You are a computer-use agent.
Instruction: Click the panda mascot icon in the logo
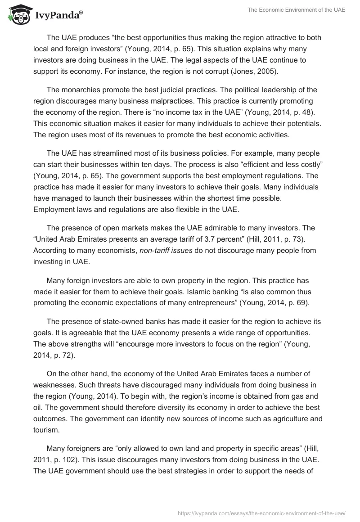(18, 14)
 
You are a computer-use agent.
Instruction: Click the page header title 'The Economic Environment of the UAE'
(297, 10)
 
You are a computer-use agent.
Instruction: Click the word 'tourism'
(45, 429)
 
